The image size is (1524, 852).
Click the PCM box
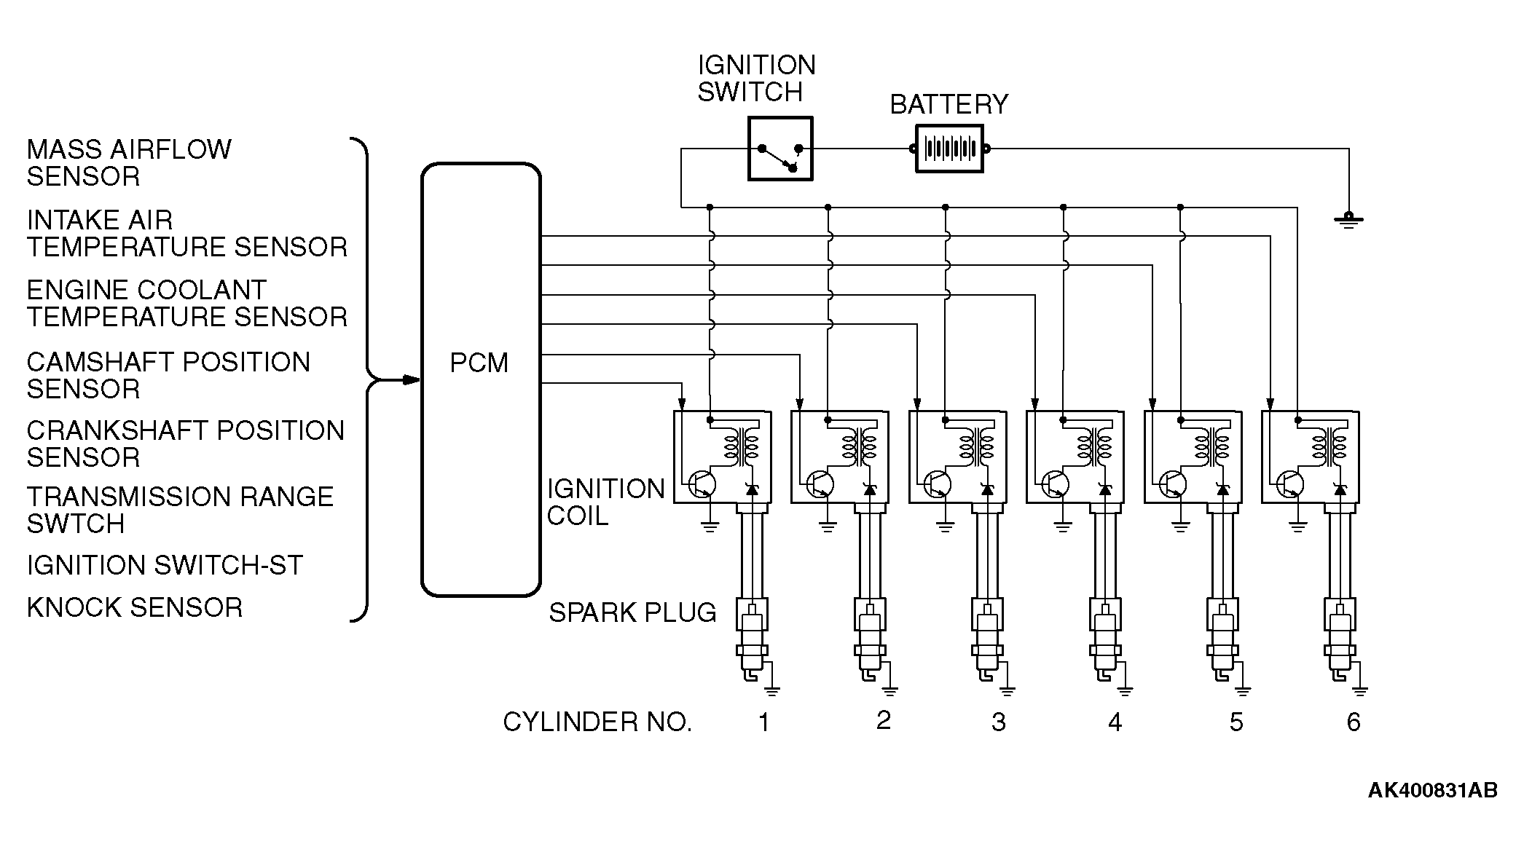(x=481, y=379)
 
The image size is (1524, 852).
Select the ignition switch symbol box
(x=780, y=149)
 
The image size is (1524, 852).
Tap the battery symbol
(x=949, y=149)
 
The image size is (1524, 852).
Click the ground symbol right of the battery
(x=1348, y=219)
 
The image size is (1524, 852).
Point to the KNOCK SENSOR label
(x=135, y=607)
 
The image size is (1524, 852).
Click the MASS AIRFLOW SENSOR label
(x=129, y=162)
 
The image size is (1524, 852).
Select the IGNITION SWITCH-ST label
(x=165, y=565)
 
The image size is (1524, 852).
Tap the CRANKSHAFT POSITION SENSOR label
(x=186, y=443)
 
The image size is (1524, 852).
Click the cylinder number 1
(x=763, y=722)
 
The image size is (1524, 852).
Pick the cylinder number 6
(x=1354, y=722)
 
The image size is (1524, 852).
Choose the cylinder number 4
(x=1115, y=722)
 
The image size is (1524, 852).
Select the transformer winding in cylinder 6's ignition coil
(x=1327, y=446)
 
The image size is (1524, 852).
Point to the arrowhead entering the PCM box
(x=412, y=379)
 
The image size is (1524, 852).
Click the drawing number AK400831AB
(x=1432, y=790)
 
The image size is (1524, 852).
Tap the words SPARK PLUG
(x=632, y=612)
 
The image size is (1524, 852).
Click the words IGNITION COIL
(x=605, y=502)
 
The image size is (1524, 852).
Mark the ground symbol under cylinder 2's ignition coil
(x=828, y=526)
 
